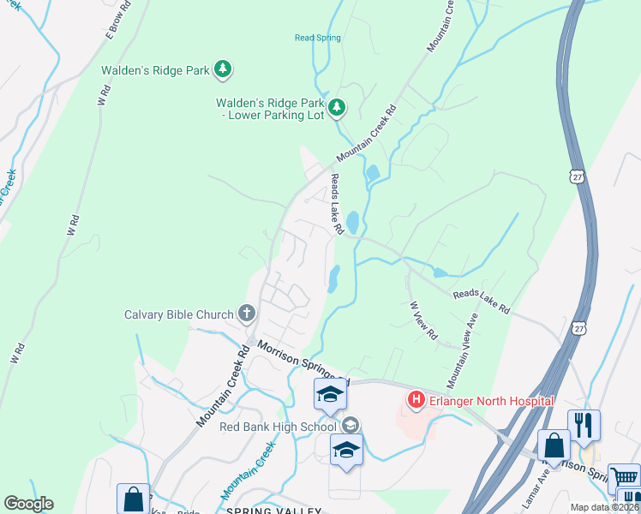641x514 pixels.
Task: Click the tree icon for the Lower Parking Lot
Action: click(x=338, y=107)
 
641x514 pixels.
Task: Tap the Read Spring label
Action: click(x=318, y=38)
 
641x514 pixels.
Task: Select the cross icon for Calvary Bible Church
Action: click(x=247, y=314)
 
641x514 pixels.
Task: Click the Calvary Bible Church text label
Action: click(x=178, y=314)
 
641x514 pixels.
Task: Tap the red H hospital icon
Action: click(x=416, y=400)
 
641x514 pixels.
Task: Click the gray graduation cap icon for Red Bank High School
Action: click(x=350, y=425)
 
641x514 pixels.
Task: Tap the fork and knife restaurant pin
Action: click(x=584, y=423)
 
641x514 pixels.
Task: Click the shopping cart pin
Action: click(x=623, y=478)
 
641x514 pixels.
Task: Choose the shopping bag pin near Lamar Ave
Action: click(x=554, y=445)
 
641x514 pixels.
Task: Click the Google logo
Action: click(x=29, y=504)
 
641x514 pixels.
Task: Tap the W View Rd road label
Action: click(x=424, y=320)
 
